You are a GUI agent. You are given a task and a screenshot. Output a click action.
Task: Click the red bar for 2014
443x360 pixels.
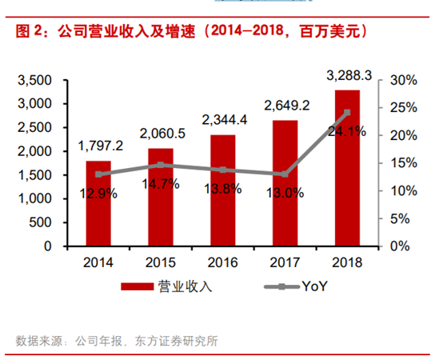click(x=98, y=203)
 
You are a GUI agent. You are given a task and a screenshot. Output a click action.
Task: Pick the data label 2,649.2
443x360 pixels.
click(x=285, y=105)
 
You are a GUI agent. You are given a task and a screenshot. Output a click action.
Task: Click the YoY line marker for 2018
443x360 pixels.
click(x=347, y=113)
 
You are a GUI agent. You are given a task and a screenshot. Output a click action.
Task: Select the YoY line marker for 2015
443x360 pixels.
click(x=161, y=165)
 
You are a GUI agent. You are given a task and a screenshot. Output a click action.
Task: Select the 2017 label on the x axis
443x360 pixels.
click(x=285, y=262)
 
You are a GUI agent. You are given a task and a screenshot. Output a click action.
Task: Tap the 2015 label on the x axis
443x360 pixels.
click(x=162, y=262)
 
